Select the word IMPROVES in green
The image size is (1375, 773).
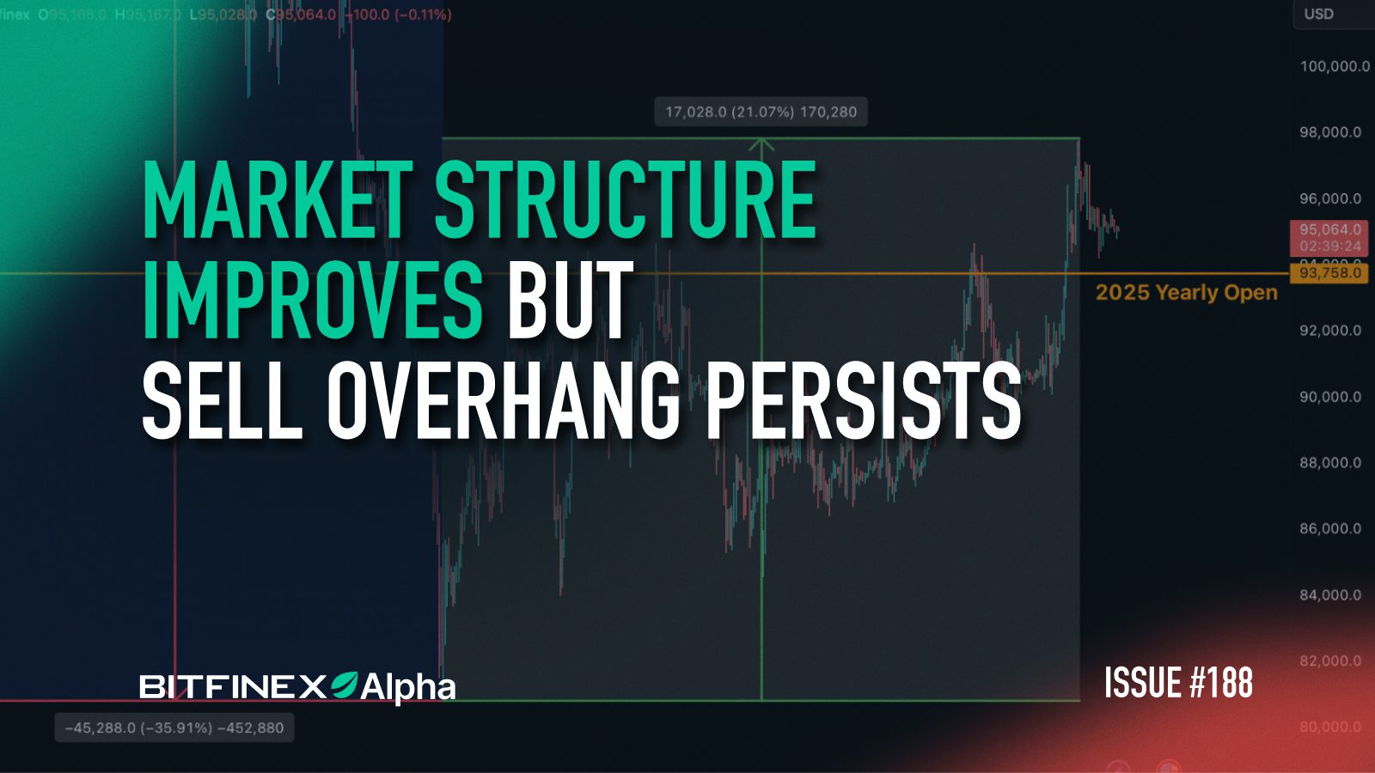(x=312, y=300)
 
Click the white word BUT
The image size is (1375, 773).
(x=570, y=300)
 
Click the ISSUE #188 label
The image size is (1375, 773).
(x=1178, y=683)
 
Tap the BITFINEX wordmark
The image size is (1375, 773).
(x=232, y=686)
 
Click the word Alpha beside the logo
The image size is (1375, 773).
(x=407, y=687)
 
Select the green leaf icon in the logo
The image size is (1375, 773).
(x=344, y=684)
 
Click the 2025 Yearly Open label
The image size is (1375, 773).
(x=1186, y=292)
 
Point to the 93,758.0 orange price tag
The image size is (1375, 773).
(x=1329, y=273)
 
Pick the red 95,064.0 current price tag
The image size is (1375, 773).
(x=1329, y=230)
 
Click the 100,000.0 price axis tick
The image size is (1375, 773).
(x=1334, y=66)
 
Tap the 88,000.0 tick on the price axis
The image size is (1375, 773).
(x=1330, y=463)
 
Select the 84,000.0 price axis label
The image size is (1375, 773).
(x=1330, y=594)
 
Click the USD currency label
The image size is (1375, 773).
(x=1318, y=14)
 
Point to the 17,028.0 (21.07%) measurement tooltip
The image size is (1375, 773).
(x=761, y=112)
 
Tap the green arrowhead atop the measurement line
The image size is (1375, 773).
(x=761, y=143)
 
